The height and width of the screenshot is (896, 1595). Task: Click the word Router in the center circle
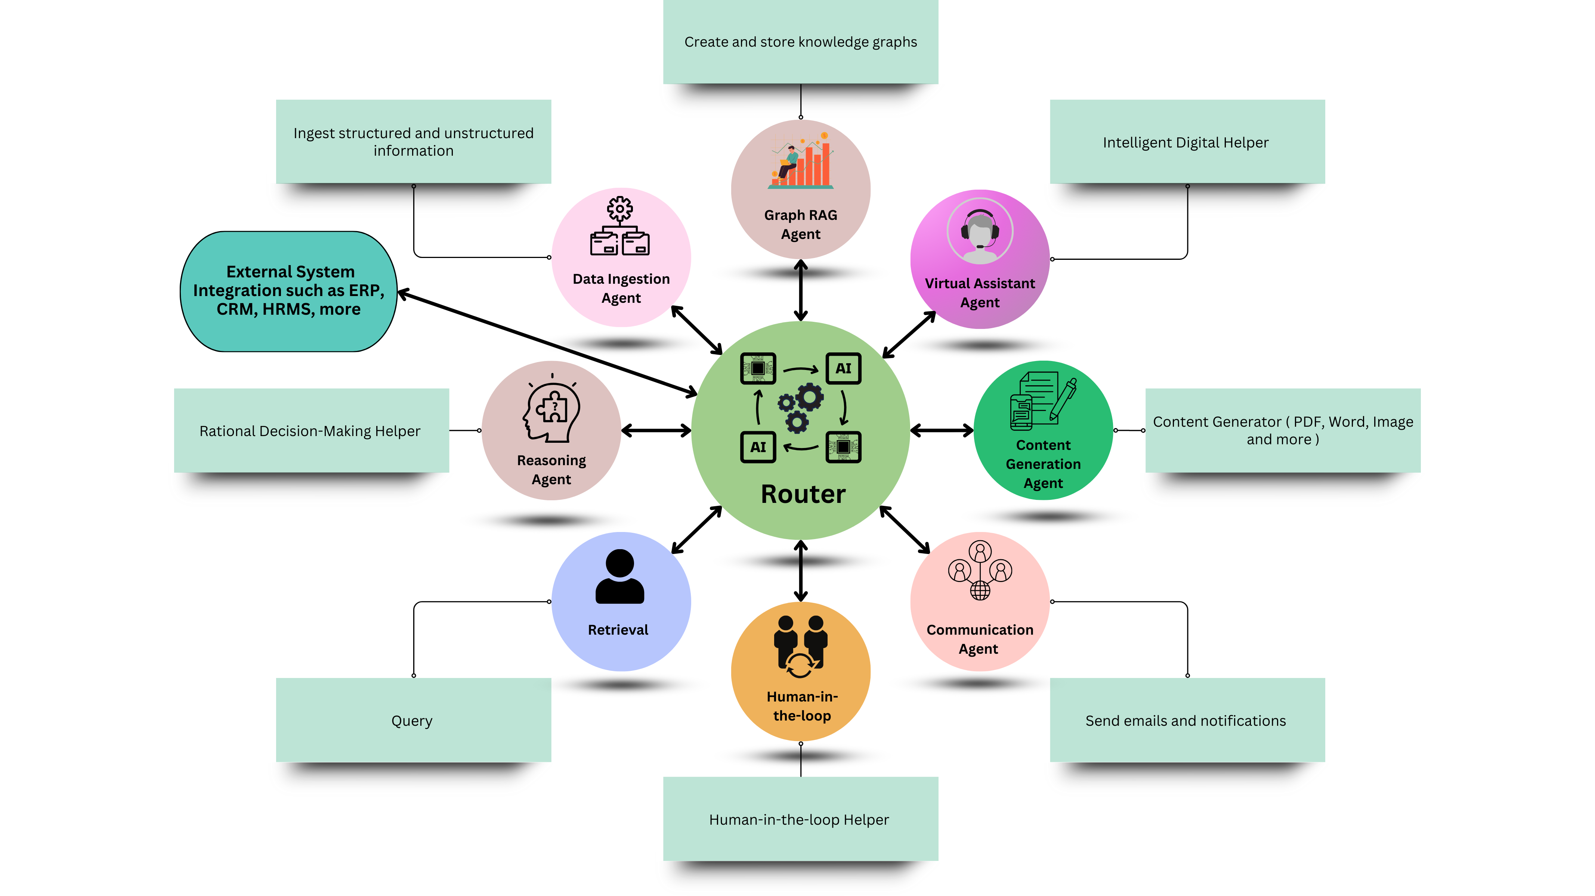pos(803,494)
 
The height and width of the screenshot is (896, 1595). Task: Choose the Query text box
pos(413,720)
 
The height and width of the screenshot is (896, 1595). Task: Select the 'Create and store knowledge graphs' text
pos(800,42)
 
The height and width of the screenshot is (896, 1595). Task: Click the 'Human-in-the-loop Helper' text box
pos(799,819)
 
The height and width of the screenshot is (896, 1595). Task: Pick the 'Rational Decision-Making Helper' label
pos(310,431)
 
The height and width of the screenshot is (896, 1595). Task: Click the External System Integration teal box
pos(288,291)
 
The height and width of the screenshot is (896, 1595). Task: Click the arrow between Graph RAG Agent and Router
pos(801,290)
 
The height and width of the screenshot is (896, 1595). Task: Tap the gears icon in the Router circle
pos(801,406)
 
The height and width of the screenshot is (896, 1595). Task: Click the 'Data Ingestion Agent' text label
pos(621,288)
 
